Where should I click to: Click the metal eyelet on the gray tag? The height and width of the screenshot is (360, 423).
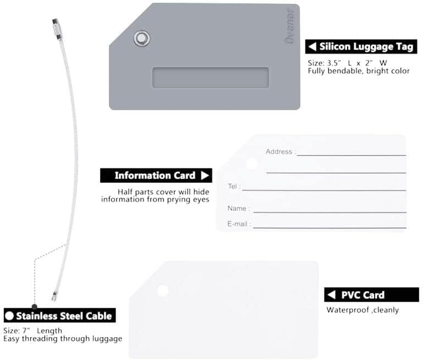pyautogui.click(x=141, y=38)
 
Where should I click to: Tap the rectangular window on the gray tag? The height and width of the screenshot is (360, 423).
pyautogui.click(x=211, y=78)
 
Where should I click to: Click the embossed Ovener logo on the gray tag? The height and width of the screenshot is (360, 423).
pyautogui.click(x=290, y=26)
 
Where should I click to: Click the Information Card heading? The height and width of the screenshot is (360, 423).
pyautogui.click(x=155, y=176)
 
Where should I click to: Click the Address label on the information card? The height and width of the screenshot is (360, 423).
pyautogui.click(x=279, y=151)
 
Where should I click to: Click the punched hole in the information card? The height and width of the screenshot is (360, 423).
pyautogui.click(x=252, y=163)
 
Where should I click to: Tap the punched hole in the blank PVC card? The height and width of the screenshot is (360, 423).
pyautogui.click(x=163, y=291)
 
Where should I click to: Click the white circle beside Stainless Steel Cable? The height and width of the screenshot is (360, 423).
pyautogui.click(x=9, y=316)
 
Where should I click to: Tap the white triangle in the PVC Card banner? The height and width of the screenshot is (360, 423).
pyautogui.click(x=331, y=294)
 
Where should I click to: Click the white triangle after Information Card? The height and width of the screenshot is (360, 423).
pyautogui.click(x=205, y=176)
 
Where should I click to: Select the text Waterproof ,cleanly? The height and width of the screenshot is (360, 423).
pyautogui.click(x=362, y=310)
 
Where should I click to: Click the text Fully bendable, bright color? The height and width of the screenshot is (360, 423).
pyautogui.click(x=359, y=71)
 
